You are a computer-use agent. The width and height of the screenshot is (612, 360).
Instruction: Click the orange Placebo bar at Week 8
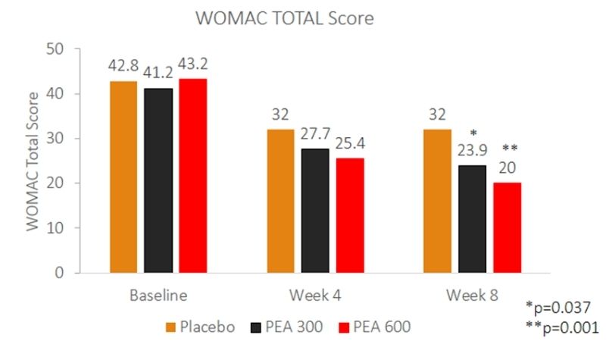(437, 201)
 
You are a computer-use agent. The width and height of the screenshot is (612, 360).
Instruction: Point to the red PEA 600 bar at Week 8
(507, 227)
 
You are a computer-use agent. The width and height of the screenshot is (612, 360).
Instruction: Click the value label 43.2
(194, 65)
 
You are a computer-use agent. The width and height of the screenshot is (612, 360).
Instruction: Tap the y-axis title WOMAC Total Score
(33, 161)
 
